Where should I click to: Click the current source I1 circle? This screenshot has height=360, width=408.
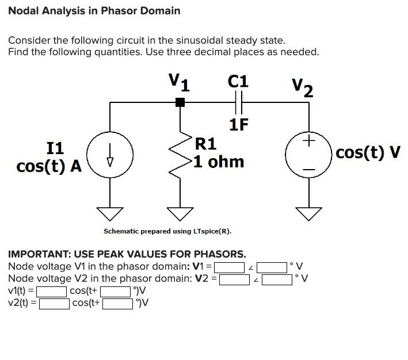click(110, 155)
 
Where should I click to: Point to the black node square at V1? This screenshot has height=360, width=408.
click(180, 102)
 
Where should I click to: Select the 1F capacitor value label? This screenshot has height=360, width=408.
click(238, 124)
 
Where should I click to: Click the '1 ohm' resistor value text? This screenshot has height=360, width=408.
click(219, 162)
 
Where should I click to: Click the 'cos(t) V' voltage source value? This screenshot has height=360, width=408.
click(368, 152)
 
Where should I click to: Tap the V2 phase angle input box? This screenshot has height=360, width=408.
click(272, 279)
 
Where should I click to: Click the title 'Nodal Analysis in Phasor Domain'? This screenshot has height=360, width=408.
click(94, 10)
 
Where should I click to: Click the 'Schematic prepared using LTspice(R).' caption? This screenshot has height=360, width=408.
click(167, 231)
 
